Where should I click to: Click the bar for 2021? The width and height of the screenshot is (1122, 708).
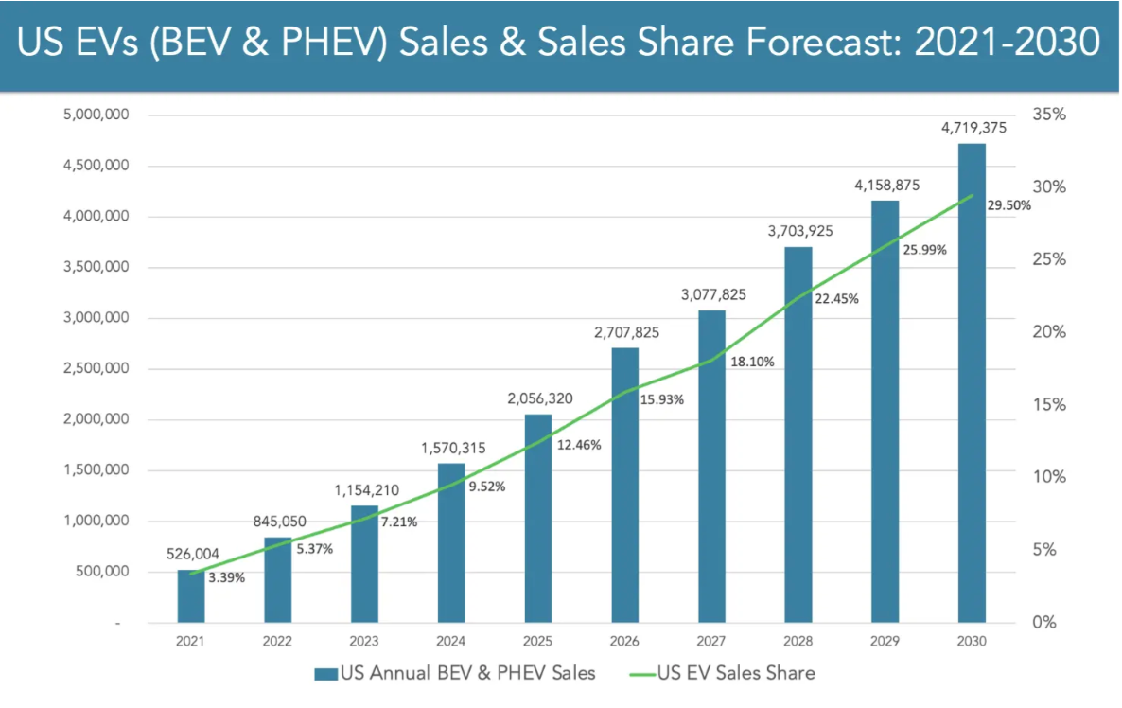[x=191, y=596]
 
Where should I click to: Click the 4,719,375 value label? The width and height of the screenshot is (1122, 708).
[x=972, y=127]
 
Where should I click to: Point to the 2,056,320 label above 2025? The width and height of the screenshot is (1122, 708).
[x=538, y=398]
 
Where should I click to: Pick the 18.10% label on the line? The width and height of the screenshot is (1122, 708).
[x=751, y=361]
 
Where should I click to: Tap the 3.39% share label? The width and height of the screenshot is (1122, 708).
[x=226, y=577]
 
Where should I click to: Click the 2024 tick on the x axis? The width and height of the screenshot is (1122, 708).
[x=451, y=642]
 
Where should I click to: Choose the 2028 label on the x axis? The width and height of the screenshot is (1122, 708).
[x=798, y=642]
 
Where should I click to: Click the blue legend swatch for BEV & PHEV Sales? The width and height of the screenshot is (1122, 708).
[x=325, y=674]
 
